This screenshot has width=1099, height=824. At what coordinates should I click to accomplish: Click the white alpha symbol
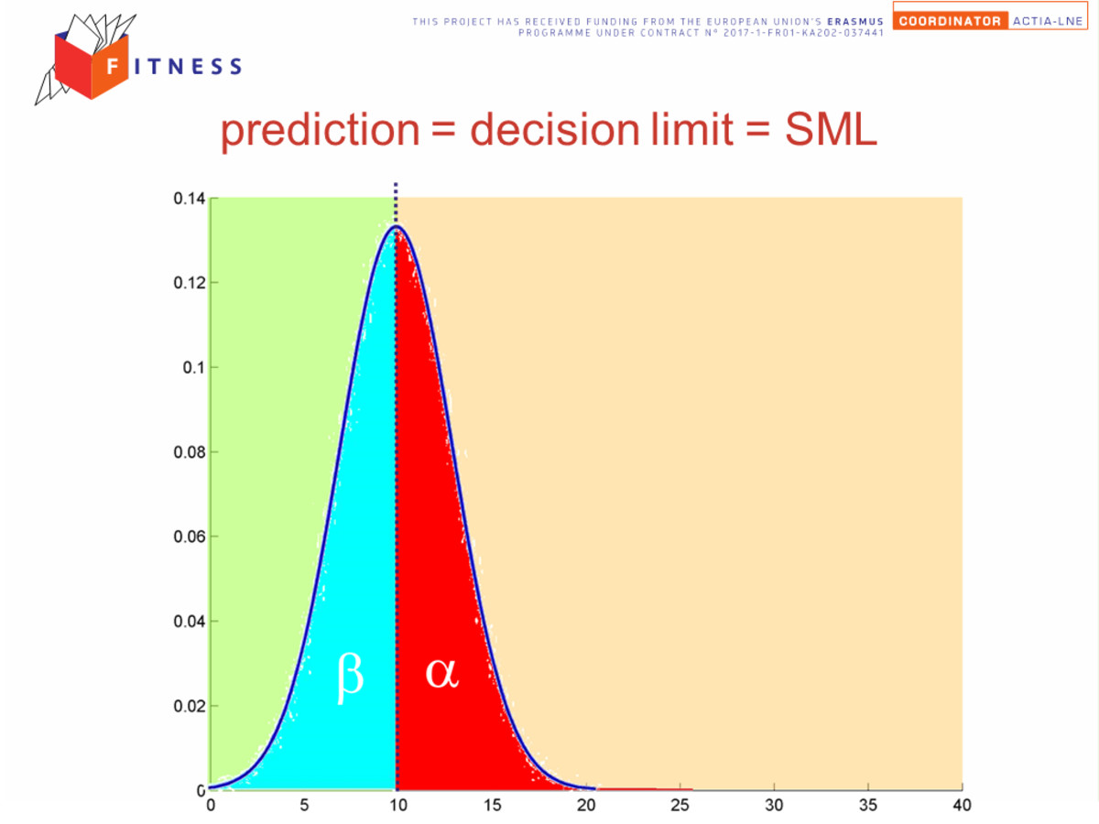click(x=441, y=673)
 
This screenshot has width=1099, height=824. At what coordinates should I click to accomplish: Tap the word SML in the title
click(x=831, y=129)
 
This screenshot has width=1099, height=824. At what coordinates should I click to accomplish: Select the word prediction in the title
click(x=320, y=130)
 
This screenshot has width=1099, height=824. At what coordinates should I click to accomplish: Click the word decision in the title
click(x=555, y=129)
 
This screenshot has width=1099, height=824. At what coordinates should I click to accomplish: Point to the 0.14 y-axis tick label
click(x=190, y=199)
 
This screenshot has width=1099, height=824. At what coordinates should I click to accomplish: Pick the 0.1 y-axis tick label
click(x=194, y=368)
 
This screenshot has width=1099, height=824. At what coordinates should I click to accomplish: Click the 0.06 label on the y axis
click(x=190, y=537)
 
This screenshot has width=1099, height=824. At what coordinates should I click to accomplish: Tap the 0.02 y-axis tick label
click(x=190, y=706)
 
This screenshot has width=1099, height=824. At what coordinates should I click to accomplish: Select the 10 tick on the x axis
click(x=398, y=805)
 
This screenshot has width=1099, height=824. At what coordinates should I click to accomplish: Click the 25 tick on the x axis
click(x=680, y=805)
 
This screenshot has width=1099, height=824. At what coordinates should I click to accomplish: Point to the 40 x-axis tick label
click(x=962, y=805)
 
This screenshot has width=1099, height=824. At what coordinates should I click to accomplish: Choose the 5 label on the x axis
click(x=304, y=805)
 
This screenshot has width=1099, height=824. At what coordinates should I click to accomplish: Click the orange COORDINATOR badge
click(x=950, y=21)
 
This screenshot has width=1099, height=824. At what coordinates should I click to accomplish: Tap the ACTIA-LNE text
click(x=1048, y=21)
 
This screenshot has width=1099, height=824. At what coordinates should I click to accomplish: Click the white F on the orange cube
click(x=113, y=66)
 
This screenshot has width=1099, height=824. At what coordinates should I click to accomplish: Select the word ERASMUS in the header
click(x=855, y=22)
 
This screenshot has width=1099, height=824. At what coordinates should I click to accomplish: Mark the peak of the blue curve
click(x=396, y=226)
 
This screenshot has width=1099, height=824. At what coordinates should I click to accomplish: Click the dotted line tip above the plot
click(x=396, y=184)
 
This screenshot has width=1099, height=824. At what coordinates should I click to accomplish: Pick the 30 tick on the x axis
click(x=774, y=805)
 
